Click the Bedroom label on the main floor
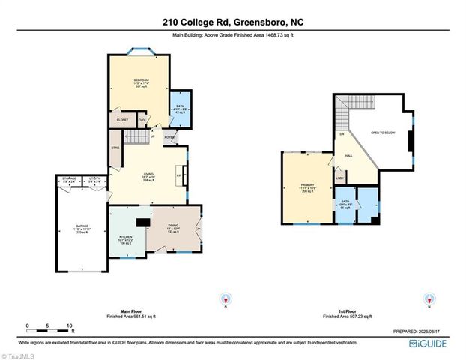click(x=140, y=80)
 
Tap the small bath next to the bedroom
click(x=180, y=109)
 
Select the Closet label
click(x=122, y=119)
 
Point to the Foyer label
click(x=169, y=137)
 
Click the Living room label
click(x=148, y=177)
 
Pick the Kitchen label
click(x=126, y=239)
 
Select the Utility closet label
click(x=94, y=180)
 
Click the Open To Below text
click(x=382, y=133)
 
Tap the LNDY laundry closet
click(x=339, y=178)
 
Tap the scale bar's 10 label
click(x=69, y=326)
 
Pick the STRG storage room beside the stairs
click(x=115, y=148)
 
